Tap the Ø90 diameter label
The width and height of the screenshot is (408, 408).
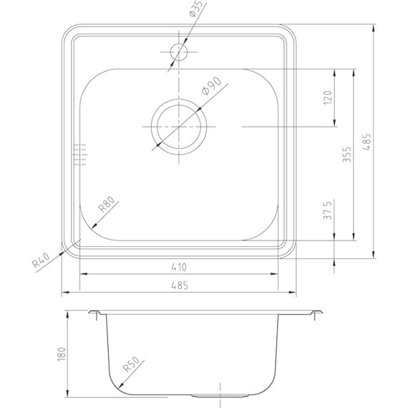(212, 86)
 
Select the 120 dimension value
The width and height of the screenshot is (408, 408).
(328, 97)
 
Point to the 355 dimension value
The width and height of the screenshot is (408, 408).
(347, 155)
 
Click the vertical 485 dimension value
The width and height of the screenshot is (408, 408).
(367, 142)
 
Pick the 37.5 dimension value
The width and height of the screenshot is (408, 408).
(328, 210)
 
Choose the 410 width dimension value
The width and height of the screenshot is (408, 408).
(179, 267)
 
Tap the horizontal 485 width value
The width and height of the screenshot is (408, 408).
(180, 286)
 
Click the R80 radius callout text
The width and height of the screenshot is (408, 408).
(106, 204)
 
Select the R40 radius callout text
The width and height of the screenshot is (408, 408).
(41, 261)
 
